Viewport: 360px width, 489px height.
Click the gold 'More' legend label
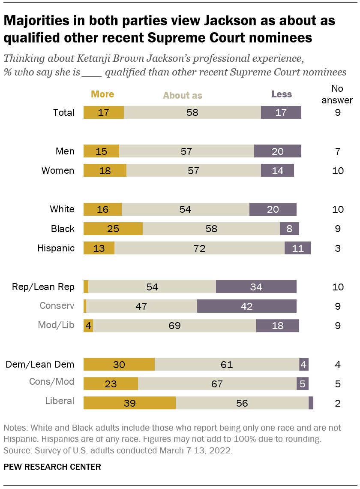coord(102,94)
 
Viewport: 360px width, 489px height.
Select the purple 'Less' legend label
coord(282,94)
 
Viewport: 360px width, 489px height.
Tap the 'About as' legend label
coord(183,95)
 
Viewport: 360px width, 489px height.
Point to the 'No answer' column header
coord(342,94)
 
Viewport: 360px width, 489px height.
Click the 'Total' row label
coord(63,113)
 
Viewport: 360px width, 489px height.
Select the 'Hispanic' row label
coord(56,248)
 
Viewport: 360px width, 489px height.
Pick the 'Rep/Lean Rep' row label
coord(43,287)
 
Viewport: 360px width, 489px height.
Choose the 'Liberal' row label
coord(60,401)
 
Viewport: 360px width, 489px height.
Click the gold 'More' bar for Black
coord(113,229)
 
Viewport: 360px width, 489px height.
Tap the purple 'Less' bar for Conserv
coord(247,306)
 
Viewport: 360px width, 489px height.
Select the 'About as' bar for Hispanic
coord(199,248)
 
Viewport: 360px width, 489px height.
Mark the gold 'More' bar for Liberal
coord(129,403)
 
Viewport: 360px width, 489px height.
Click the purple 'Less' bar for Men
coord(278,151)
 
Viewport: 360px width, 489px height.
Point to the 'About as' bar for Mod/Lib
coord(174,326)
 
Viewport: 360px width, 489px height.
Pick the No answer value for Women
coord(338,171)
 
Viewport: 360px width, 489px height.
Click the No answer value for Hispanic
coord(338,248)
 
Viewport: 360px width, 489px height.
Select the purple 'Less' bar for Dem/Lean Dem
coord(304,365)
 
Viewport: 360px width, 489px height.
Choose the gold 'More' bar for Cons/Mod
coord(111,384)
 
